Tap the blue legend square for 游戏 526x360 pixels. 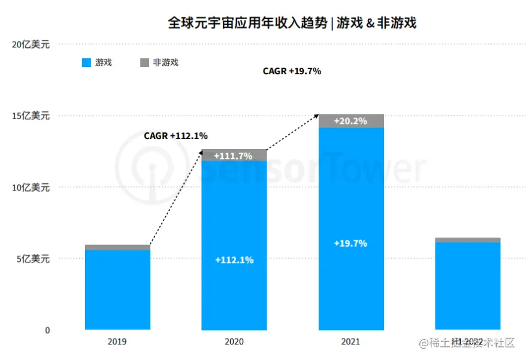[x=86, y=62]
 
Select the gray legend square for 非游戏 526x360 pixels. [x=144, y=62]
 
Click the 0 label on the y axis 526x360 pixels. [x=48, y=330]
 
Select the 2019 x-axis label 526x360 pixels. [x=117, y=342]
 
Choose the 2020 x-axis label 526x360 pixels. [x=234, y=342]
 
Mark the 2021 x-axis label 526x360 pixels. [x=350, y=342]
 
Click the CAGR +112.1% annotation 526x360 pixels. [x=176, y=136]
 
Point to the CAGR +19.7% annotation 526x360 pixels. [x=292, y=71]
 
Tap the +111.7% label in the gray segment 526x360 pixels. [x=234, y=156]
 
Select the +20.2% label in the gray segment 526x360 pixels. [x=350, y=121]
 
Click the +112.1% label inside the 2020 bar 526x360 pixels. [x=234, y=260]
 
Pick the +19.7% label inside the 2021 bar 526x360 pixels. [x=350, y=243]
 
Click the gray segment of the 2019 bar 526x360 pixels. [x=117, y=247]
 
